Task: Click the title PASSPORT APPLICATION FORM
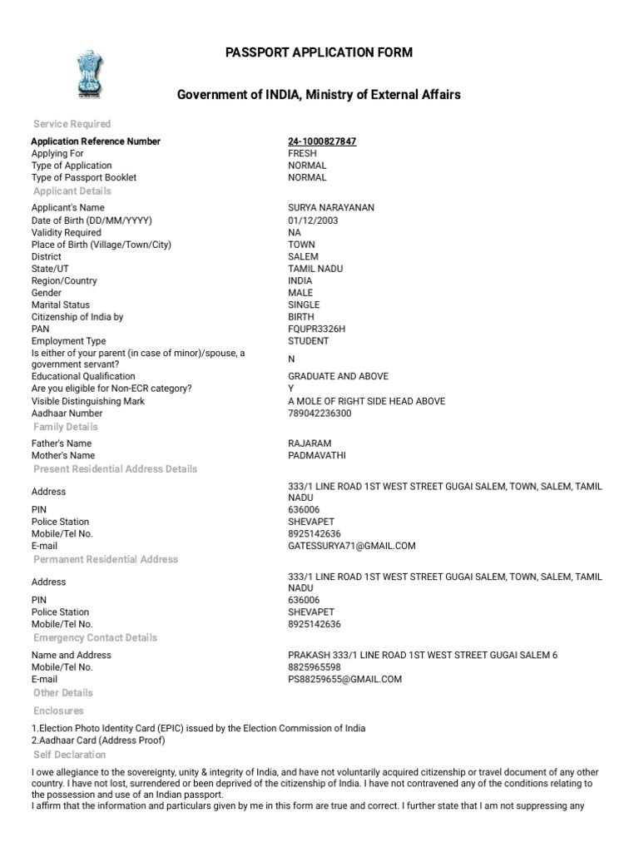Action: [x=319, y=52]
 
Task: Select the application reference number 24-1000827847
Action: [x=322, y=141]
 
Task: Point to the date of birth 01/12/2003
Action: [x=313, y=220]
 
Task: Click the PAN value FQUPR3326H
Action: [x=316, y=329]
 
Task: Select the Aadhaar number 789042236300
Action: [x=319, y=414]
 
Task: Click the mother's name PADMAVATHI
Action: [x=316, y=456]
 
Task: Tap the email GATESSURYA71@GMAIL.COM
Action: [x=352, y=546]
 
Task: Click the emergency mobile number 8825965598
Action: [x=315, y=667]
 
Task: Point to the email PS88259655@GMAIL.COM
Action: [x=344, y=679]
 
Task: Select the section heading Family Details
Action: [x=65, y=427]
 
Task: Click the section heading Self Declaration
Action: [x=70, y=755]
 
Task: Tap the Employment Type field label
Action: [x=69, y=341]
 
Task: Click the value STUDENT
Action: [x=308, y=341]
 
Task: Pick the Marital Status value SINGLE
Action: [x=304, y=305]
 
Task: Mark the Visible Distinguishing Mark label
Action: [x=88, y=401]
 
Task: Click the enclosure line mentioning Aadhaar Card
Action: [x=98, y=741]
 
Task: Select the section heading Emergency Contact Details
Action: [x=95, y=638]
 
